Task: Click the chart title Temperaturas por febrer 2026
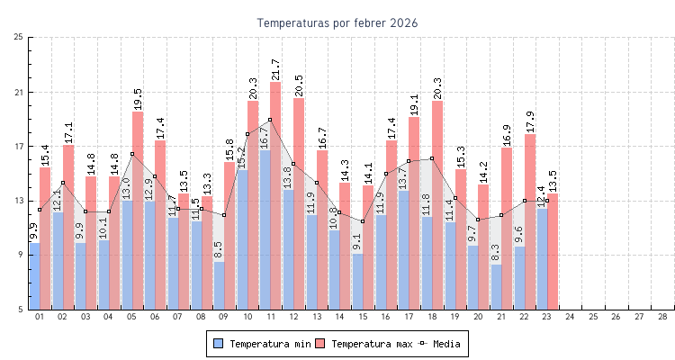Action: tap(337, 22)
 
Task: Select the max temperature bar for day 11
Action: tap(275, 196)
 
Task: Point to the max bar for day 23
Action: tap(553, 252)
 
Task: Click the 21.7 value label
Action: tap(275, 70)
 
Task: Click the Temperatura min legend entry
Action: tap(264, 344)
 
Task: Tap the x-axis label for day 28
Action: tap(662, 317)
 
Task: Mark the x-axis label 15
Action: tap(363, 317)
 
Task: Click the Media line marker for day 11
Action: tap(269, 120)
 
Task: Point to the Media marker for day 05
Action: tap(131, 154)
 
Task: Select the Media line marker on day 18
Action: tap(432, 158)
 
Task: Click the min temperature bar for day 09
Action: tap(219, 285)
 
